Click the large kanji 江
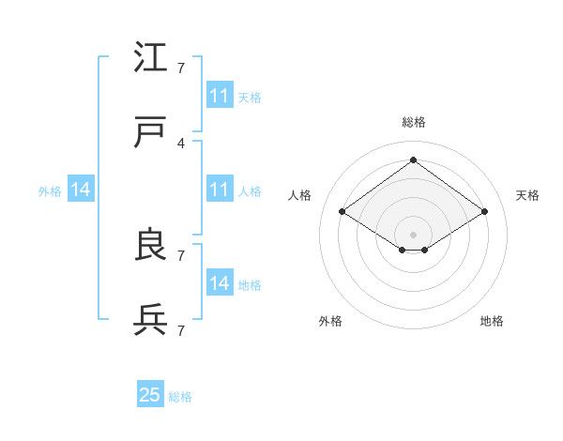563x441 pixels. (151, 58)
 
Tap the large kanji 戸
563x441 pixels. (151, 133)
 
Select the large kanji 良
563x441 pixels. (151, 246)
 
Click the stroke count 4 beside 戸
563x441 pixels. (180, 143)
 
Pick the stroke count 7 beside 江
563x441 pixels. (180, 68)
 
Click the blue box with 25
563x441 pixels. (150, 395)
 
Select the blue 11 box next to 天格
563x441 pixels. (219, 96)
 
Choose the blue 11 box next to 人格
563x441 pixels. (219, 190)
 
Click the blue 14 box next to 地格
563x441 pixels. (219, 283)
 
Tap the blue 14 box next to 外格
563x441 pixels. (81, 190)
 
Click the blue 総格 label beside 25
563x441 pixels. (180, 397)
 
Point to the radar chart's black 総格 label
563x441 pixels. (413, 122)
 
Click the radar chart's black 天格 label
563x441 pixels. (527, 195)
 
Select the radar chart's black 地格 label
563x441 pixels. (492, 322)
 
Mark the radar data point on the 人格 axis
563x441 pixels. (342, 212)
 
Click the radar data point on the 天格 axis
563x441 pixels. (484, 212)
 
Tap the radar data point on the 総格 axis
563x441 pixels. (413, 160)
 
